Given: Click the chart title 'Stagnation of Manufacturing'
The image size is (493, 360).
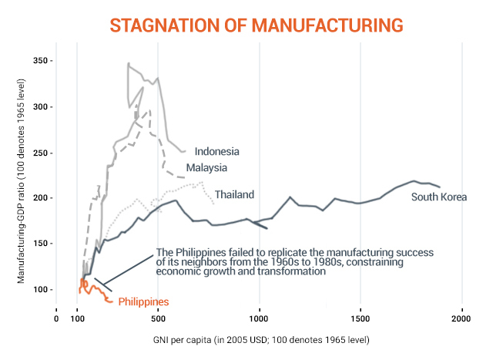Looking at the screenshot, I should (257, 25).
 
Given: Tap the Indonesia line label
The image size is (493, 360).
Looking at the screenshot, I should (216, 151).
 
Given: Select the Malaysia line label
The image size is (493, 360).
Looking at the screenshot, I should (206, 167).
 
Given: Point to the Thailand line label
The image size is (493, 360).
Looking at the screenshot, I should (234, 194).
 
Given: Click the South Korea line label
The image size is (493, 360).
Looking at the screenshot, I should (438, 197).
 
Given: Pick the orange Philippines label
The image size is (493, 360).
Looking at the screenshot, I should (143, 301).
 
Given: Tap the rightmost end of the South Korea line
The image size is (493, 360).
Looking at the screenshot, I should (439, 187).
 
